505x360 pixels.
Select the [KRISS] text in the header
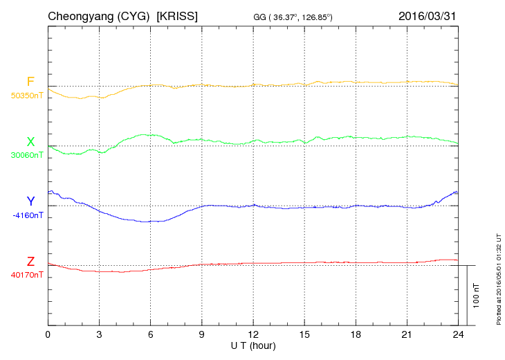click(178, 15)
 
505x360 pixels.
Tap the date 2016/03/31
click(428, 15)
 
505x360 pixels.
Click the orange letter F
click(30, 82)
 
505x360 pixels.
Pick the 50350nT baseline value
click(26, 96)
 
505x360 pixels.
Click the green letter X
click(30, 142)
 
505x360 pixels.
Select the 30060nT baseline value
click(26, 155)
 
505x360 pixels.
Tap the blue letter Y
click(30, 201)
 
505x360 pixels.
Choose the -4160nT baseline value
click(28, 215)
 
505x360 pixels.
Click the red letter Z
click(30, 262)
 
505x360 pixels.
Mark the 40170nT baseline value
click(26, 275)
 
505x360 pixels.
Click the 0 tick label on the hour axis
click(48, 334)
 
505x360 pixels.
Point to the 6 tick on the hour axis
click(151, 334)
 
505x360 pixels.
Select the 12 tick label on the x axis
click(253, 334)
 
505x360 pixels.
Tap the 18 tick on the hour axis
click(356, 334)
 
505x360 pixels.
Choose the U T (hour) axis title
click(253, 345)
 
